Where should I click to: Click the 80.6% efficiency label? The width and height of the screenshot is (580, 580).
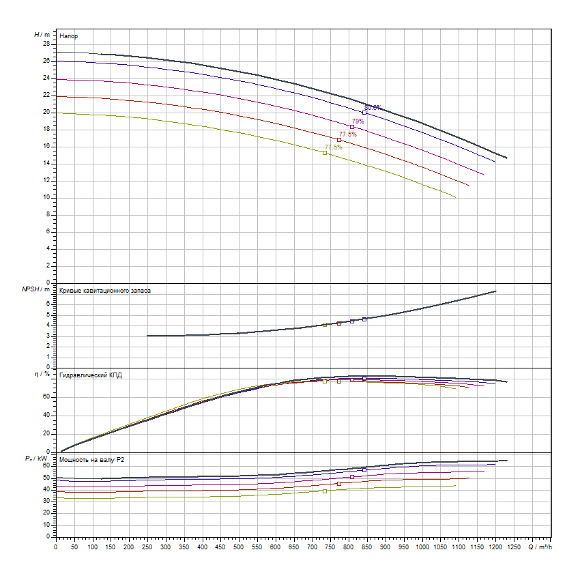click(x=373, y=107)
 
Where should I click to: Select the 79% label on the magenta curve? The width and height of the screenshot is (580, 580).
click(x=358, y=121)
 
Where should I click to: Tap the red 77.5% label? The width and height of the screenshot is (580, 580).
click(x=347, y=134)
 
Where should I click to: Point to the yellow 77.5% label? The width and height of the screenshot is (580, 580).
click(x=333, y=147)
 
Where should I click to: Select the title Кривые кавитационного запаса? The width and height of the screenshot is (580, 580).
click(x=105, y=291)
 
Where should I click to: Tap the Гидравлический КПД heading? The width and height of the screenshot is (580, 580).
click(x=91, y=375)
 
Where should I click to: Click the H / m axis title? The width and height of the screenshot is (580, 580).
click(x=42, y=34)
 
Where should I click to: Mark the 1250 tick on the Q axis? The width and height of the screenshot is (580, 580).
click(x=514, y=546)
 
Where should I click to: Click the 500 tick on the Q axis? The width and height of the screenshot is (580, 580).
click(x=239, y=546)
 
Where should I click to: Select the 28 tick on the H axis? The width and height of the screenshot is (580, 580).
click(x=46, y=44)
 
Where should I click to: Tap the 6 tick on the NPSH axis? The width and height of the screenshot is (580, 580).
click(x=48, y=303)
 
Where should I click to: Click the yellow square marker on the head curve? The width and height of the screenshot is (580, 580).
click(x=325, y=153)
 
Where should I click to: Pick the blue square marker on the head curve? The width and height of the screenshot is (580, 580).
click(x=364, y=113)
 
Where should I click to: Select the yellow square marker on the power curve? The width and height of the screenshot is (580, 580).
click(x=325, y=491)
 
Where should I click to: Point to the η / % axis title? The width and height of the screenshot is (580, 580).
click(x=42, y=374)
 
